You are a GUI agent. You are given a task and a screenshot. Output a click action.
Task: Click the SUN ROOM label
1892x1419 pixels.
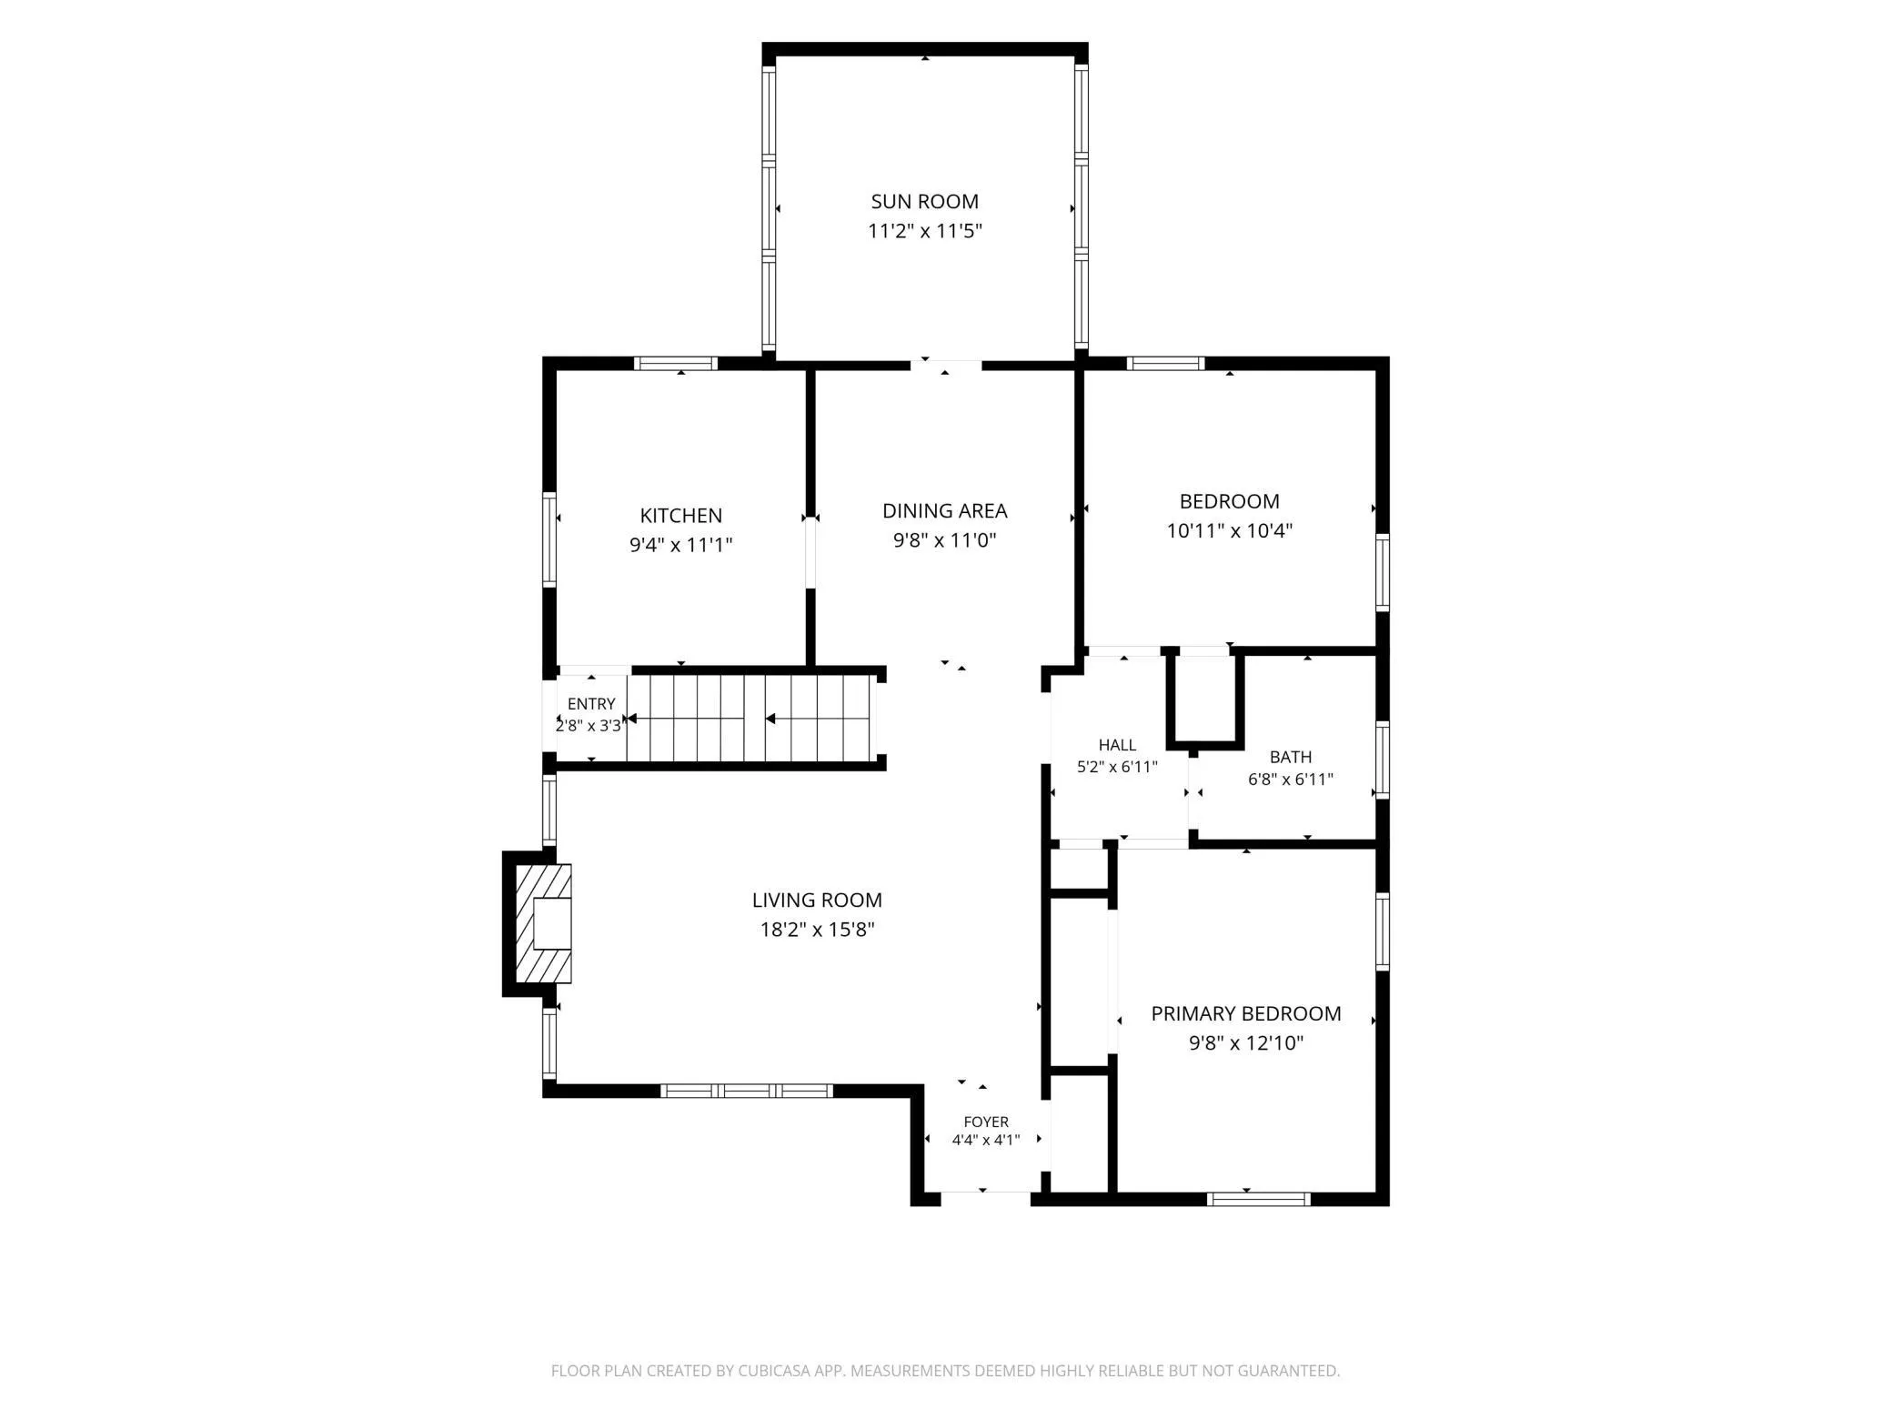point(924,201)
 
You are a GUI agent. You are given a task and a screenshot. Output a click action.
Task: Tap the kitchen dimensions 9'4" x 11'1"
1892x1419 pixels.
point(681,545)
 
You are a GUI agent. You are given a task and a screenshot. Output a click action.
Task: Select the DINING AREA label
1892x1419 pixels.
point(945,510)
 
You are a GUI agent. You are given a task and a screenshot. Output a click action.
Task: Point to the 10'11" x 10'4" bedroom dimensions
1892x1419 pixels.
point(1230,530)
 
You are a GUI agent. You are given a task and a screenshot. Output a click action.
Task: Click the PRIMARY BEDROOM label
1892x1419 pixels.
point(1246,1013)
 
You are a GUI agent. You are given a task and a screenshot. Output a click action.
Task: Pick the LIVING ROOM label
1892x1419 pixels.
point(817,900)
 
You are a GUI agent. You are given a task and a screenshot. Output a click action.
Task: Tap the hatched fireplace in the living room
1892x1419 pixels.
point(544,923)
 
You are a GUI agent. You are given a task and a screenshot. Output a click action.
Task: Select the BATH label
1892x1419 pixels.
point(1291,757)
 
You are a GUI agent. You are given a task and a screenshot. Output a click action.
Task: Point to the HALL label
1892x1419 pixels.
point(1117,745)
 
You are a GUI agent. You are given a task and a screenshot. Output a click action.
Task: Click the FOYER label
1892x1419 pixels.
point(986,1122)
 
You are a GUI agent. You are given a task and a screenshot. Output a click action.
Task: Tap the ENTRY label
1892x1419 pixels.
point(591,703)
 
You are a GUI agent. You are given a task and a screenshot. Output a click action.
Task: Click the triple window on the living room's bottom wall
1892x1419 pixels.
point(746,1091)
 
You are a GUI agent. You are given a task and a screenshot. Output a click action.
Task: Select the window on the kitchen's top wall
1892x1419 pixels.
point(676,364)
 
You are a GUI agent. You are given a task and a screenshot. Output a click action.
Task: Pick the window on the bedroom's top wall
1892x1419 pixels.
point(1165,364)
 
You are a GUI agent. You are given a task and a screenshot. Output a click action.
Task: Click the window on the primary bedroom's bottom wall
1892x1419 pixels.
point(1259,1199)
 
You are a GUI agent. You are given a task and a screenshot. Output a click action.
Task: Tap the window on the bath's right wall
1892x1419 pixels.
point(1383,760)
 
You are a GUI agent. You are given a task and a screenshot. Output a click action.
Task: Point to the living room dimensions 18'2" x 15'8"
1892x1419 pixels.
point(817,929)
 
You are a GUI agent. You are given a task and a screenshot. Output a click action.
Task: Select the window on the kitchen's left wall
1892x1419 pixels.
point(549,539)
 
